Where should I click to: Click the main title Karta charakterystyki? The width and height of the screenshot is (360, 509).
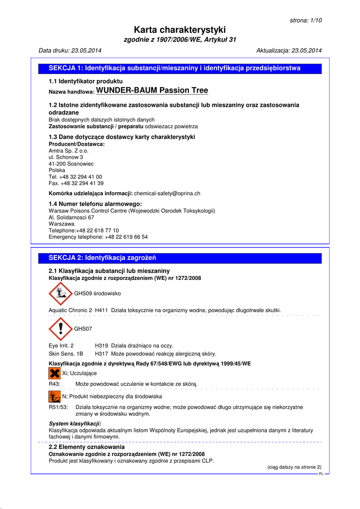point(180,30)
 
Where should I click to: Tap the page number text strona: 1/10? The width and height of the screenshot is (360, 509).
point(305,20)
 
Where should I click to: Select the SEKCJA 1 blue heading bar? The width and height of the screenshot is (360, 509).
point(180,69)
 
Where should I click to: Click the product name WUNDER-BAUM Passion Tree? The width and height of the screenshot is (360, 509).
point(152,90)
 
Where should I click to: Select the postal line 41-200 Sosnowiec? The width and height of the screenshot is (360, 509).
point(71,164)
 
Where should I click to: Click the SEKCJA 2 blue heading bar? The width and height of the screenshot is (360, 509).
point(180,258)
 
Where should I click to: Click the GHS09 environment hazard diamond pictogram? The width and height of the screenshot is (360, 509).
point(61,294)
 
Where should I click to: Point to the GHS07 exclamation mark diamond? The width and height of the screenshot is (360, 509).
point(61,329)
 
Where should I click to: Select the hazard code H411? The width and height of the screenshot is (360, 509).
point(101,310)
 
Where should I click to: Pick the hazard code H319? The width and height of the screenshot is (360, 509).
point(101,345)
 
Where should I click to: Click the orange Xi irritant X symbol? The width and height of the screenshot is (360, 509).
point(54,373)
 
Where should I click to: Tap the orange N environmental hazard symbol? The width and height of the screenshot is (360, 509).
point(54,397)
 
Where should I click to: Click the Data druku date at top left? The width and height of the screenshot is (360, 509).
point(70,51)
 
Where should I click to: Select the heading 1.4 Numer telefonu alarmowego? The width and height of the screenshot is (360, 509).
point(95,204)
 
